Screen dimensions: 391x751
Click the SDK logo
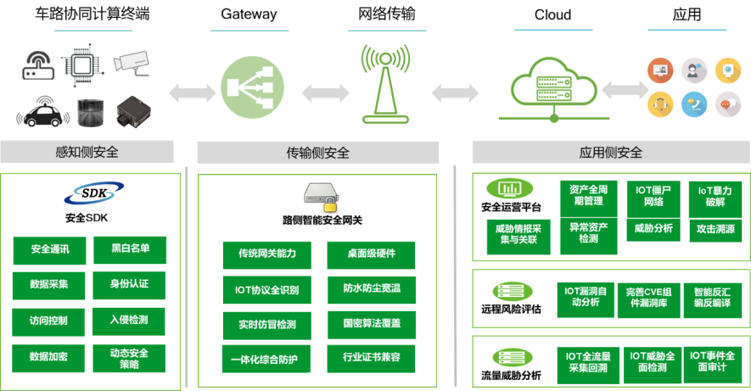click(x=93, y=193)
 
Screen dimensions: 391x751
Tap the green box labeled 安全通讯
click(x=49, y=249)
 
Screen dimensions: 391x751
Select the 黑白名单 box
click(x=130, y=249)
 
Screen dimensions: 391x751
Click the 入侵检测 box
click(x=130, y=320)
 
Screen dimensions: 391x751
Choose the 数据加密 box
click(x=49, y=356)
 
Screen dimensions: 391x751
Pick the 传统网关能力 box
click(x=267, y=254)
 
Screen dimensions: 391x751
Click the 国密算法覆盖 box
click(x=372, y=323)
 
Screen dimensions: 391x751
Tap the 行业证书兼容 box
click(x=372, y=358)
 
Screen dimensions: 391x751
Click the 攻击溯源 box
click(x=714, y=228)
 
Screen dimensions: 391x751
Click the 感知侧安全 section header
click(x=87, y=153)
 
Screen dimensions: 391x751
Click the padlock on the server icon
click(x=329, y=204)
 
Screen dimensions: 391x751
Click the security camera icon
click(x=132, y=61)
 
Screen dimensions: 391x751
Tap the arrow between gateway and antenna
click(x=326, y=92)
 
